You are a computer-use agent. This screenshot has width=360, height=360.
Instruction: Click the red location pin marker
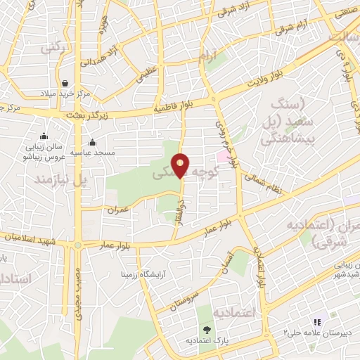(x=181, y=165)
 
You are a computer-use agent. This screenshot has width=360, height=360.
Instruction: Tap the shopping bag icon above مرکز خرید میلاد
(x=65, y=83)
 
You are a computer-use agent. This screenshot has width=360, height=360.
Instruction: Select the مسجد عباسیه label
(x=116, y=151)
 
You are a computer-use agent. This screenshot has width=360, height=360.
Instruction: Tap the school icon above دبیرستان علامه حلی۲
(x=316, y=321)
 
